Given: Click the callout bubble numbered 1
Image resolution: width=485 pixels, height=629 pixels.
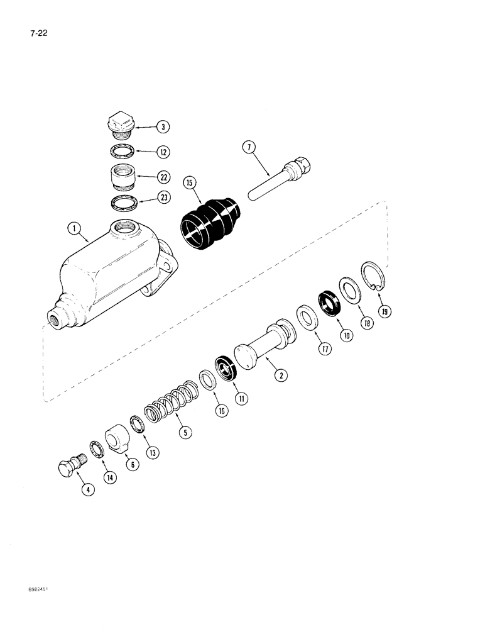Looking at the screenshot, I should (75, 228).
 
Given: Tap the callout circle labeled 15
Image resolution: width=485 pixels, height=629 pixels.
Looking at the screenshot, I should (188, 183).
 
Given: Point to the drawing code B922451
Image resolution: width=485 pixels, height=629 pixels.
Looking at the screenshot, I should (22, 608).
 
